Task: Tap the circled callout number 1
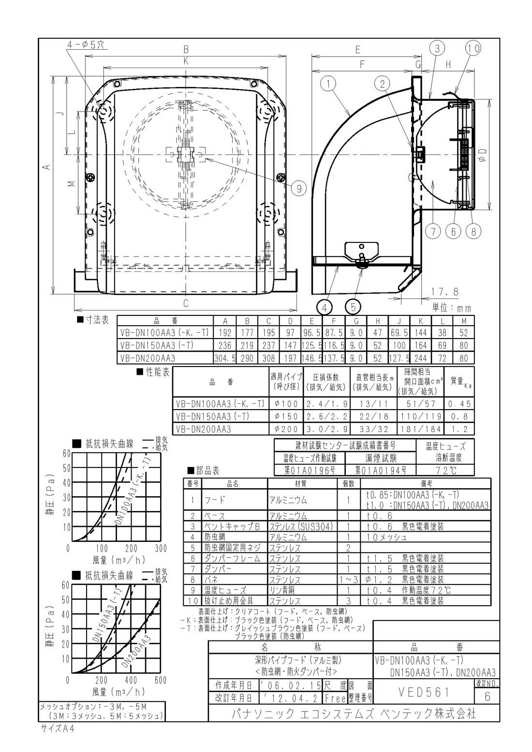(328, 85)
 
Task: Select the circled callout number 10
(473, 48)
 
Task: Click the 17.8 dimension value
(444, 292)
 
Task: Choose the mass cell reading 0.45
(459, 404)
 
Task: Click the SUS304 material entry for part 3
(301, 526)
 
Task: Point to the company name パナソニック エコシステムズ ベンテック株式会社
(354, 713)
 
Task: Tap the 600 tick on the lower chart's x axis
(160, 681)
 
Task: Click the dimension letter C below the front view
(185, 303)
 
